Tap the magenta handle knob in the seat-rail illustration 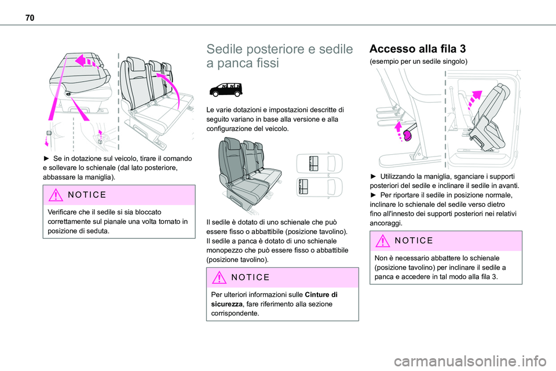point(407,136)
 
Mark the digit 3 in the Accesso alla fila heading point(462,48)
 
